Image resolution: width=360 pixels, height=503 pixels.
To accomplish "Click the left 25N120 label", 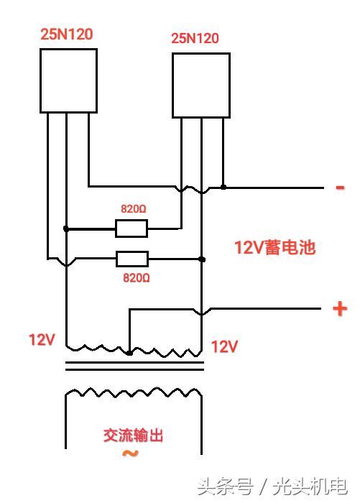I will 66,33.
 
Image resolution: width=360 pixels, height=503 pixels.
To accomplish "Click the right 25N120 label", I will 195,38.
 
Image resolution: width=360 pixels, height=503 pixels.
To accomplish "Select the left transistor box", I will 68,80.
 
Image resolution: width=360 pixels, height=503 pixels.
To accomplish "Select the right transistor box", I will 200,85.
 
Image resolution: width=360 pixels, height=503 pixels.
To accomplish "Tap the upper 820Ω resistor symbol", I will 131,229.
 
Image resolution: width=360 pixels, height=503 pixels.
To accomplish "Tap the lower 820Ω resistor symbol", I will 132,259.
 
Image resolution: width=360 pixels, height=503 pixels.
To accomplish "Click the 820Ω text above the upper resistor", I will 134,209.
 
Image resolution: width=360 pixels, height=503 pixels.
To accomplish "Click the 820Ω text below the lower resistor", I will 137,277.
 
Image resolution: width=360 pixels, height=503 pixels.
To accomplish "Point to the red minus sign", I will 340,188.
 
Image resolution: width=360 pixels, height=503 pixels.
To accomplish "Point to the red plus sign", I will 339,309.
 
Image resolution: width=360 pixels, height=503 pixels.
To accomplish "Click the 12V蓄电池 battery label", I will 274,248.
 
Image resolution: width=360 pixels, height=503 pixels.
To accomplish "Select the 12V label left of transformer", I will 42,339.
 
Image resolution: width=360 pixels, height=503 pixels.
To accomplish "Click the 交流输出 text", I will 134,435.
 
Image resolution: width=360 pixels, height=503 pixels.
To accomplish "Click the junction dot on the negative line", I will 223,187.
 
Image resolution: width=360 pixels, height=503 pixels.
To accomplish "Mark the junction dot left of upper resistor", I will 66,229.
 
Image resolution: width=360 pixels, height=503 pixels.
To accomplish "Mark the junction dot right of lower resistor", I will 203,259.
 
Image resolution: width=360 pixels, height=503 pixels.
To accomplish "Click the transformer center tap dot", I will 129,353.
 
